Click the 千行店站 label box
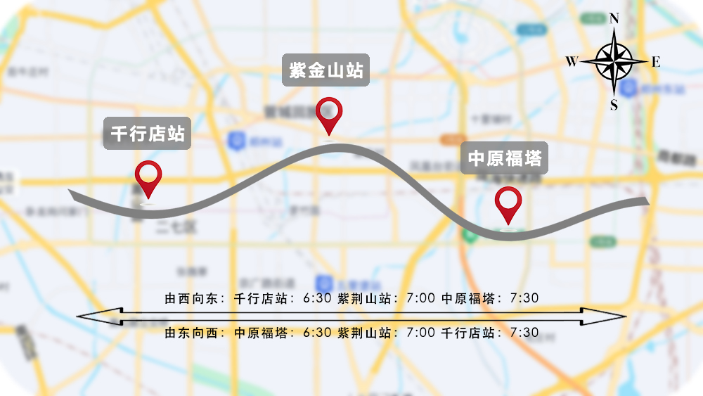point(148,133)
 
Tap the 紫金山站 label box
point(326,70)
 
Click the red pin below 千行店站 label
point(148,178)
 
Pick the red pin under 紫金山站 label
point(329,115)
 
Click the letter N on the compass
point(614,18)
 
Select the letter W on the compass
point(572,62)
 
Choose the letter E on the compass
point(656,62)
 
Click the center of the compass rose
point(614,62)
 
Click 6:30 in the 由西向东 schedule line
point(317,298)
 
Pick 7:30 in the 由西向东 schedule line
point(524,298)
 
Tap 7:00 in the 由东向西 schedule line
point(421,333)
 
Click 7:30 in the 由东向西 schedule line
point(524,333)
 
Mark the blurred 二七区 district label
point(169,227)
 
